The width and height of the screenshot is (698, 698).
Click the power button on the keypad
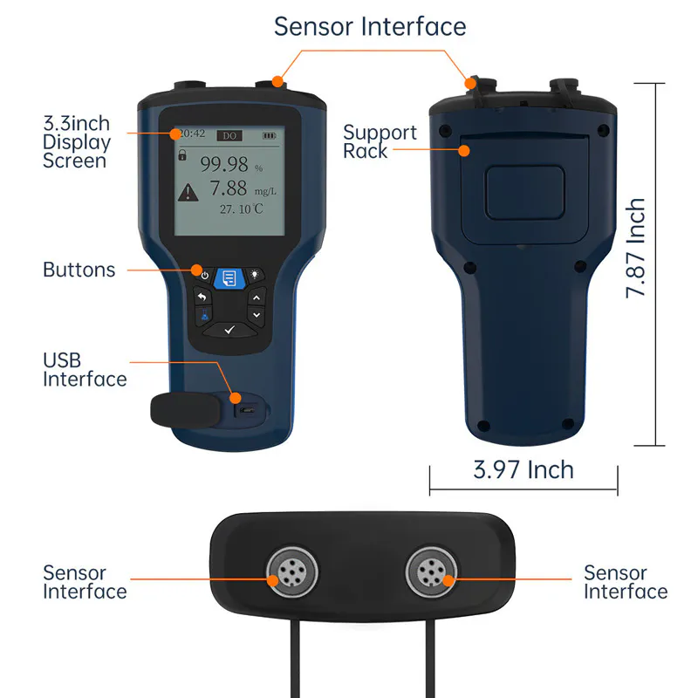pyautogui.click(x=204, y=275)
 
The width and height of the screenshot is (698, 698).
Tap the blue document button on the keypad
pyautogui.click(x=229, y=277)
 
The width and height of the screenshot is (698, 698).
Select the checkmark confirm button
pyautogui.click(x=229, y=329)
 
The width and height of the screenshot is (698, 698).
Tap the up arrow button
pyautogui.click(x=256, y=297)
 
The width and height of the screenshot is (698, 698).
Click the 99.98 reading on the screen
pyautogui.click(x=224, y=163)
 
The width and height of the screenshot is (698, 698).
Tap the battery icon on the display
pyautogui.click(x=269, y=135)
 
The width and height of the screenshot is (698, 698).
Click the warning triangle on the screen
pyautogui.click(x=188, y=192)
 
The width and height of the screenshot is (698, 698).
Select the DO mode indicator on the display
pyautogui.click(x=229, y=135)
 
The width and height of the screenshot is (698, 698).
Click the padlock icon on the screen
pyautogui.click(x=182, y=155)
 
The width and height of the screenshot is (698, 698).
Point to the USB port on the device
pyautogui.click(x=248, y=409)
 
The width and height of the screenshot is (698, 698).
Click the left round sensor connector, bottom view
pyautogui.click(x=285, y=573)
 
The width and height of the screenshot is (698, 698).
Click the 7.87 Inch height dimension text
pyautogui.click(x=637, y=249)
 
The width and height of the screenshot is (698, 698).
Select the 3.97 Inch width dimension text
pyautogui.click(x=523, y=469)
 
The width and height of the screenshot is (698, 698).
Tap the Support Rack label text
pyautogui.click(x=379, y=141)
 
